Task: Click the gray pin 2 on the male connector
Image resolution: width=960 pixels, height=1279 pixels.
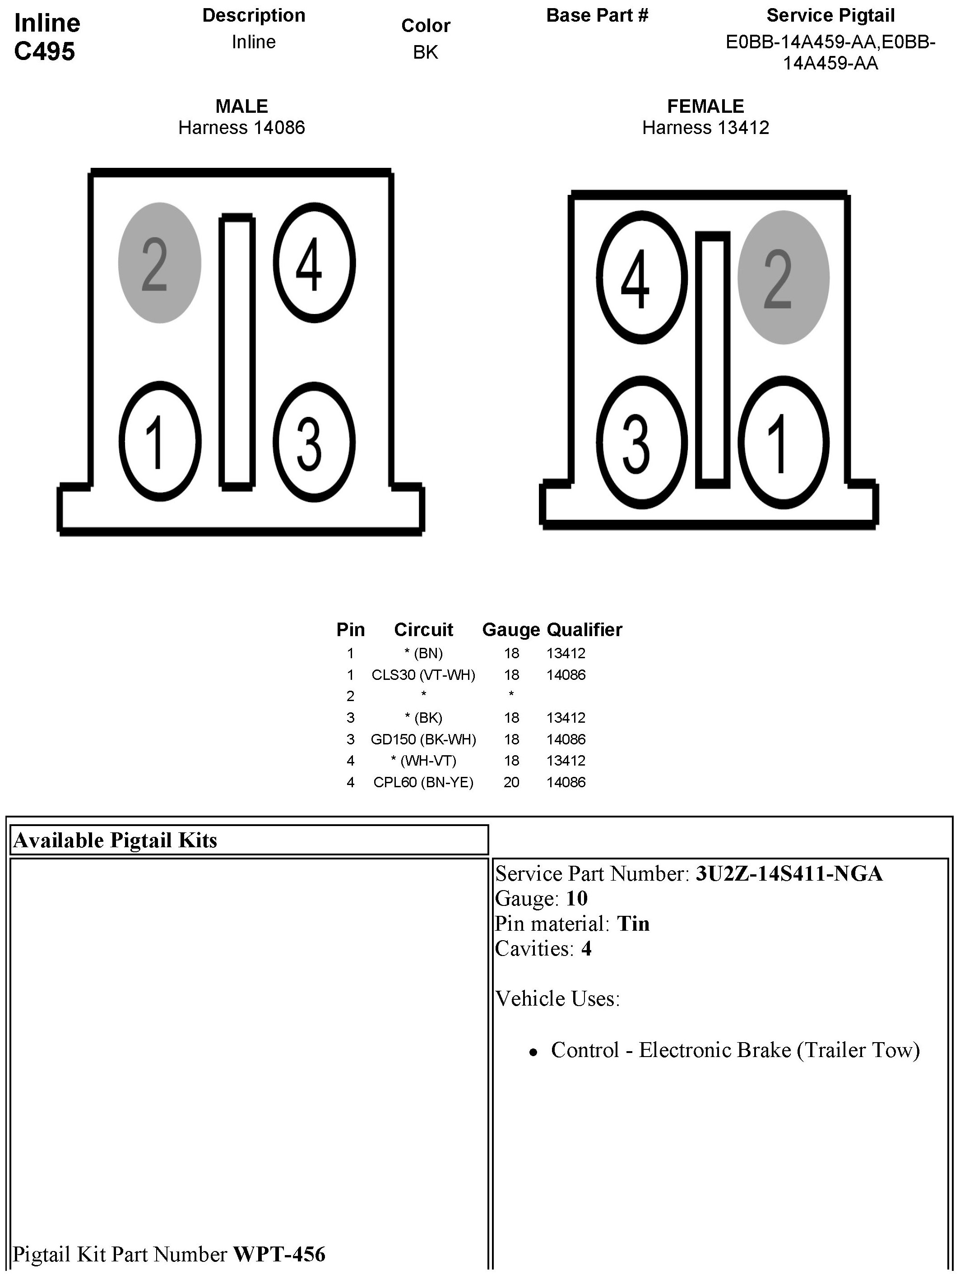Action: pyautogui.click(x=160, y=263)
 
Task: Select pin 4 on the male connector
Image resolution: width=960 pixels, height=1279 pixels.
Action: pyautogui.click(x=314, y=263)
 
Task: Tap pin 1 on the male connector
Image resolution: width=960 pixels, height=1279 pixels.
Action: pyautogui.click(x=160, y=441)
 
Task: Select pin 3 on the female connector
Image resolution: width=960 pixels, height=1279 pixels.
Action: pyautogui.click(x=641, y=442)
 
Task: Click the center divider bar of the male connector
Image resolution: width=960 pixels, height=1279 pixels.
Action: pyautogui.click(x=237, y=351)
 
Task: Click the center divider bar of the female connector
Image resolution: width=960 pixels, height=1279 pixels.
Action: pyautogui.click(x=713, y=360)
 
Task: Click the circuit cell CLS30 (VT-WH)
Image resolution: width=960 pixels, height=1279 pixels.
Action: pyautogui.click(x=423, y=675)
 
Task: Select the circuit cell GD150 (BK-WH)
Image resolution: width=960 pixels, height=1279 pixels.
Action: pyautogui.click(x=423, y=739)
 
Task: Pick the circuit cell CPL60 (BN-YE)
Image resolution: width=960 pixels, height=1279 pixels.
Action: pyautogui.click(x=423, y=782)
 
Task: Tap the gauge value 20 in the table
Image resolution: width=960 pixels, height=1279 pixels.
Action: pyautogui.click(x=511, y=782)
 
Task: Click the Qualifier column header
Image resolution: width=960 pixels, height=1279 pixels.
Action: pyautogui.click(x=584, y=630)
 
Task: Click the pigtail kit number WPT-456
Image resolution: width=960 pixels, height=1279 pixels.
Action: pyautogui.click(x=279, y=1254)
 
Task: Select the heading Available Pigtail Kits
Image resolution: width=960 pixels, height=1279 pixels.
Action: pyautogui.click(x=115, y=840)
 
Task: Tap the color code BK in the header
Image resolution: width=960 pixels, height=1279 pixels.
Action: pyautogui.click(x=426, y=52)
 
